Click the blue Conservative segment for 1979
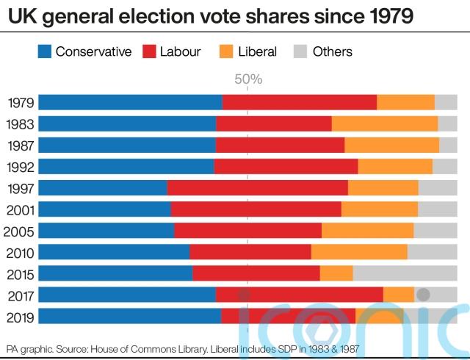pyautogui.click(x=130, y=103)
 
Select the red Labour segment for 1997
pyautogui.click(x=258, y=188)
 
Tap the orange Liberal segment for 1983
pyautogui.click(x=385, y=124)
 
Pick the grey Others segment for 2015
pyautogui.click(x=405, y=273)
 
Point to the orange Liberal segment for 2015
pyautogui.click(x=336, y=273)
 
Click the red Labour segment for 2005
pyautogui.click(x=248, y=231)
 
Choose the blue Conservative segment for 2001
pyautogui.click(x=104, y=209)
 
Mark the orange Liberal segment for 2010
pyautogui.click(x=359, y=252)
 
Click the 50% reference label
pyautogui.click(x=248, y=79)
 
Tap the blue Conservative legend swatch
pyautogui.click(x=44, y=51)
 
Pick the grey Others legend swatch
pyautogui.click(x=300, y=51)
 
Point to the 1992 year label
pyautogui.click(x=21, y=167)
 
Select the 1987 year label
pyautogui.click(x=21, y=145)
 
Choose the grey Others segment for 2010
pyautogui.click(x=432, y=252)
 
